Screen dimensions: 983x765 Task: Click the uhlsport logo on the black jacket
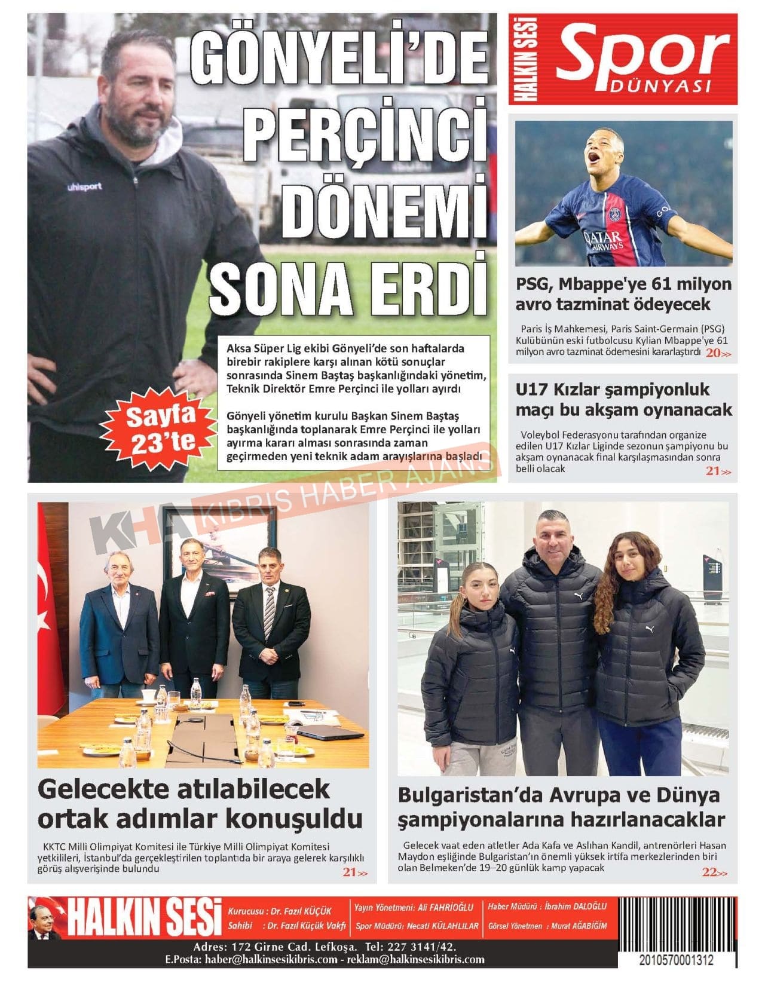[x=84, y=187]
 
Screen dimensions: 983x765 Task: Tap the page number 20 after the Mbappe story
[x=713, y=353]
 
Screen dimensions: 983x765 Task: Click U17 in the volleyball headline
[x=530, y=390]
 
